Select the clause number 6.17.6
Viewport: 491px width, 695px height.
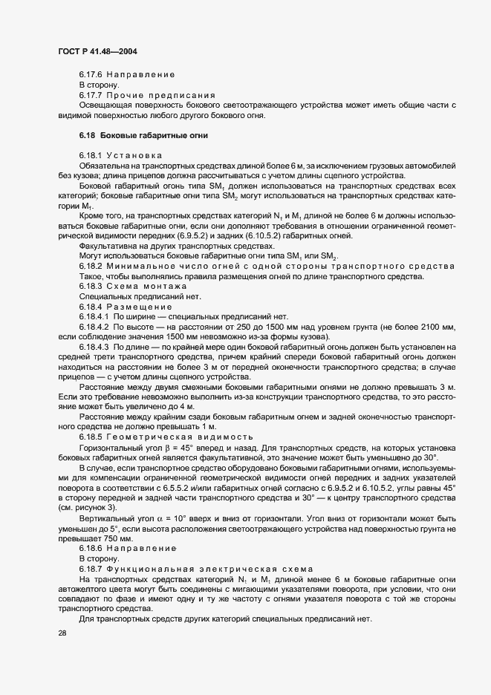click(91, 75)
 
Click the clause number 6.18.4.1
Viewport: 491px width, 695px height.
click(94, 316)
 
